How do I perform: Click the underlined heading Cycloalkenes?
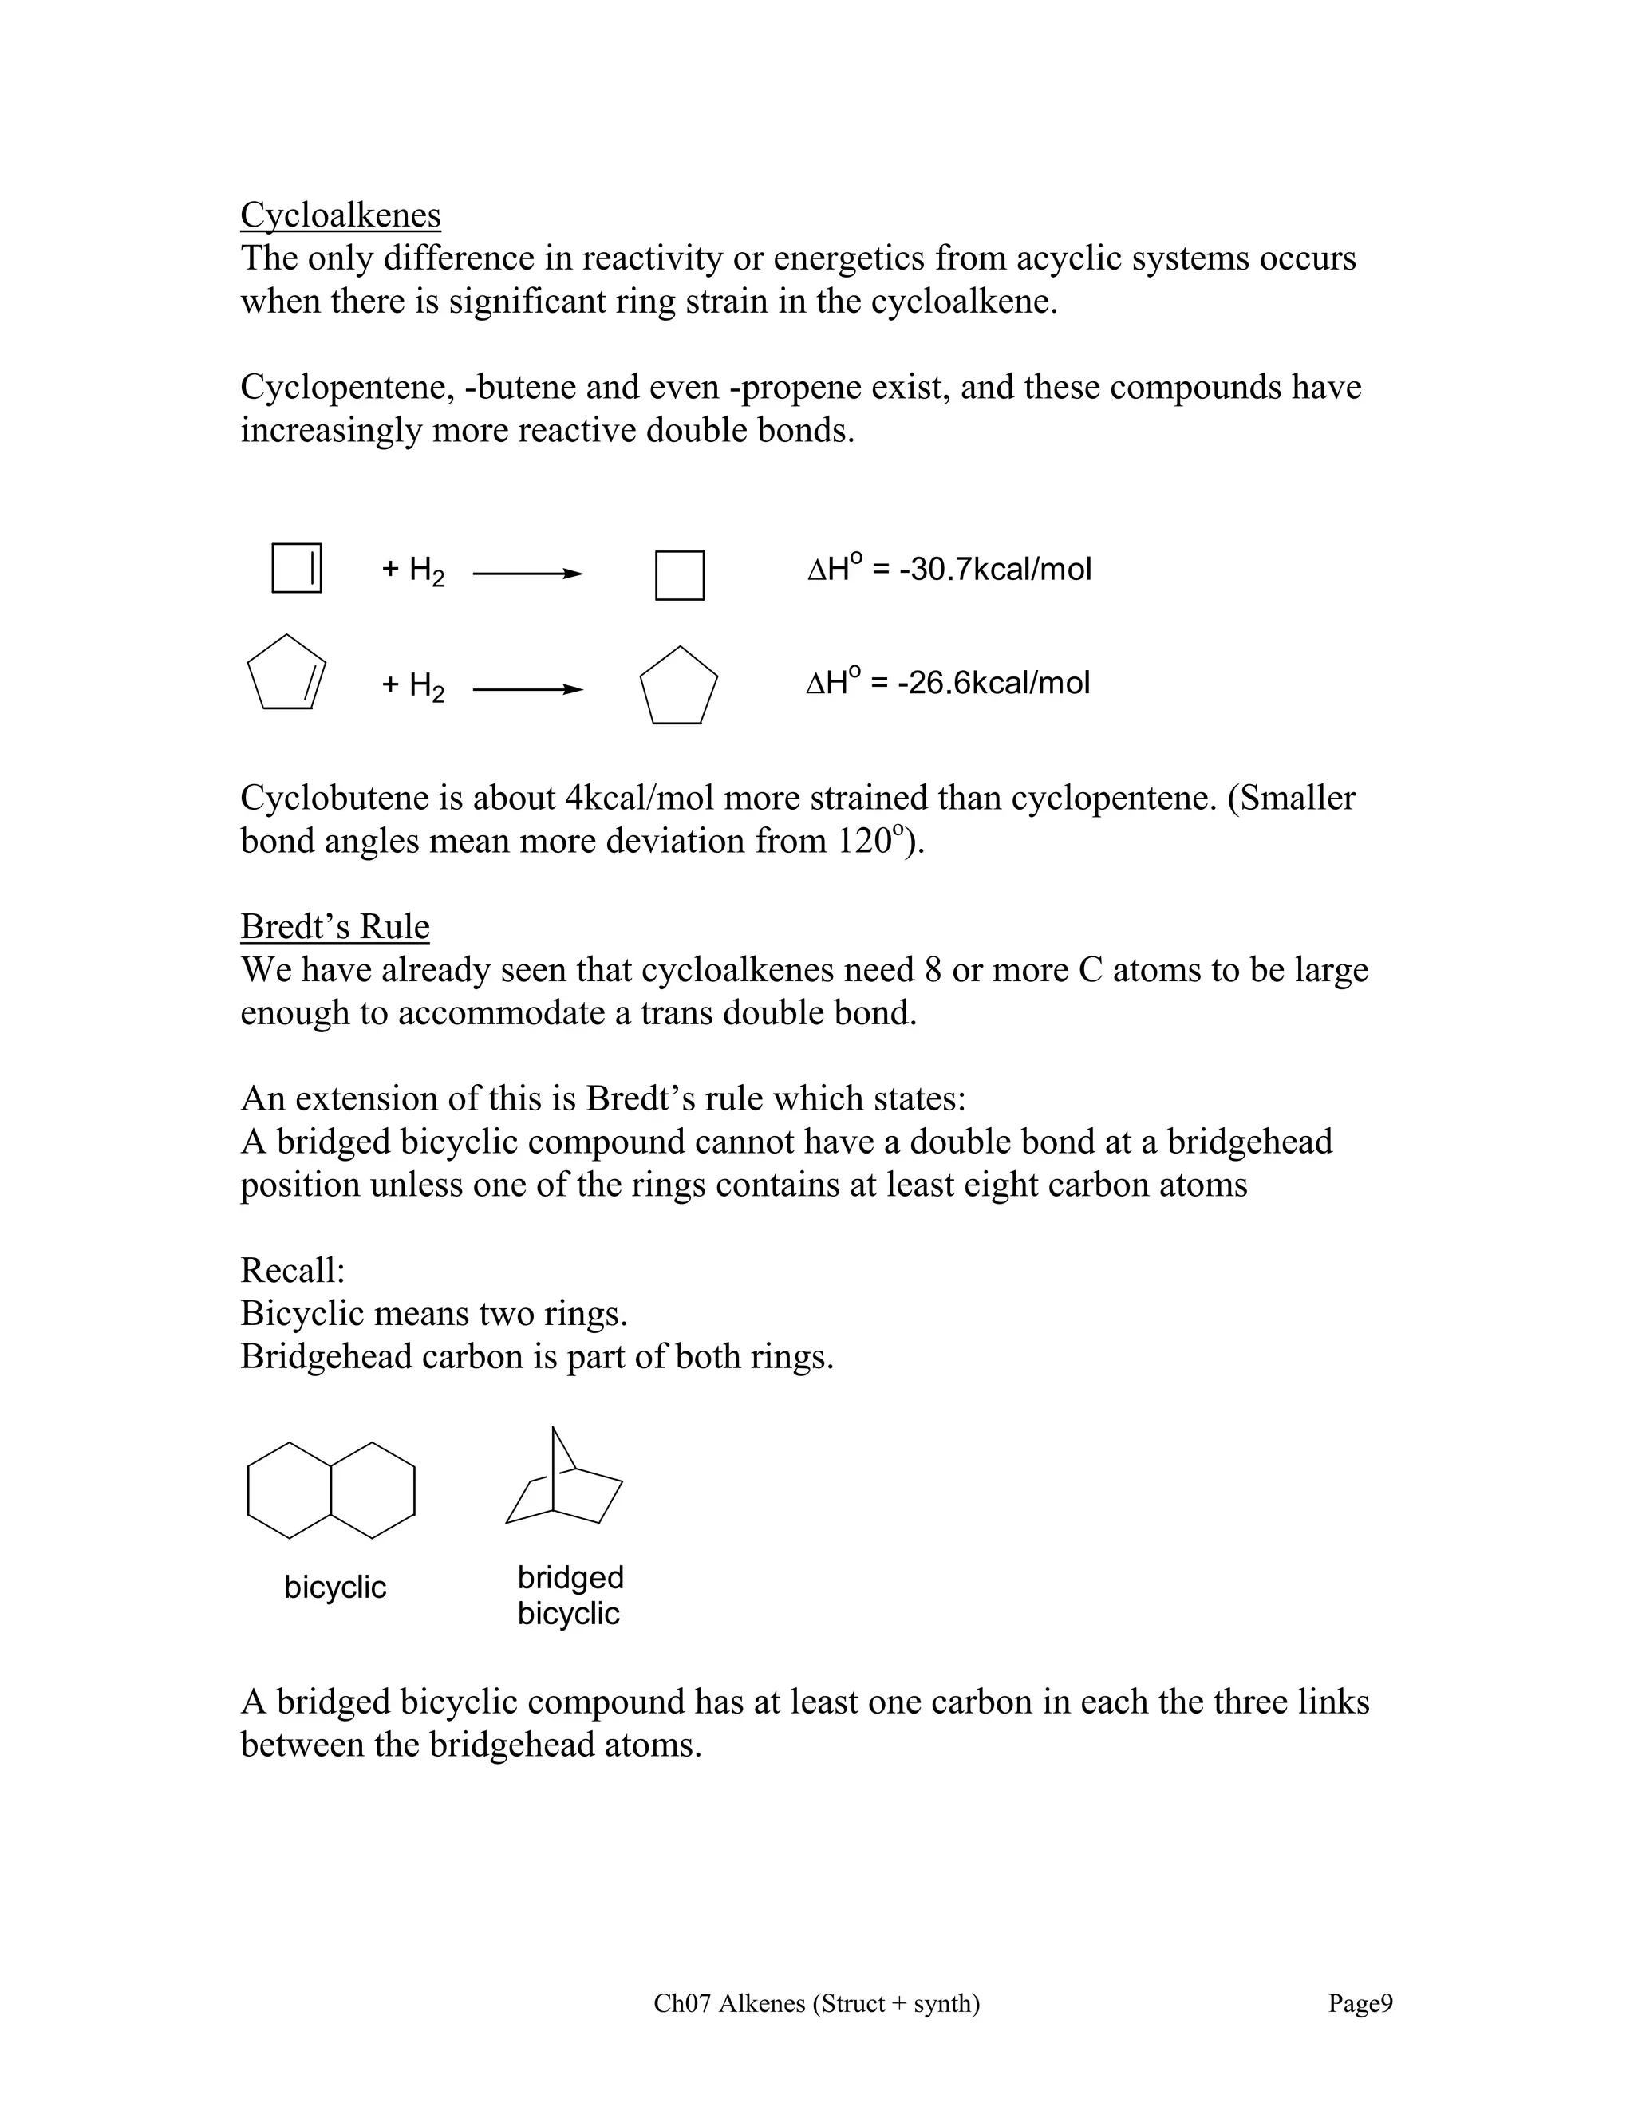tap(340, 215)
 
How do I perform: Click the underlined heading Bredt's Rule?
tap(334, 926)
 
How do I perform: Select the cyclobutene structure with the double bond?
tap(296, 568)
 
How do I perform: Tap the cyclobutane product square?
tap(680, 575)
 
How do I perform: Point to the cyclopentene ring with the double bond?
tap(286, 674)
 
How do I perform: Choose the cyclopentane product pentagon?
tap(679, 686)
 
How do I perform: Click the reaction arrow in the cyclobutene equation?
tap(527, 574)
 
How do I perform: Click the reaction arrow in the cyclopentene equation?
tap(527, 689)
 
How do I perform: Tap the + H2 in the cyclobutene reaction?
tap(413, 570)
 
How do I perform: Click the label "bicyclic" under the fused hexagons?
tap(335, 1587)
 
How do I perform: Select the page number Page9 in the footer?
tap(1359, 2002)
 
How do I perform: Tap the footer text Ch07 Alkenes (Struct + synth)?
tap(816, 2002)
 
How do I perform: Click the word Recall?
tap(292, 1270)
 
